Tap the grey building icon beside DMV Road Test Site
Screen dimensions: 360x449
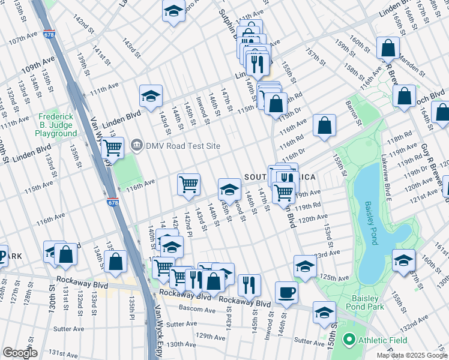coord(137,145)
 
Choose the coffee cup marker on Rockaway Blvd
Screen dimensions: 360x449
coord(286,292)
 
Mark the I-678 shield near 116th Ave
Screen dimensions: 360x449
coord(112,203)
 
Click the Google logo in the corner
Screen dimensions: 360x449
coord(20,353)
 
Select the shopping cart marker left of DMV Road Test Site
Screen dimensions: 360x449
coord(113,146)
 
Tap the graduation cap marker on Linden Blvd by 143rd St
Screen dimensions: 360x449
coord(151,95)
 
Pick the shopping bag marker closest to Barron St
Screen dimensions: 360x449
coord(324,125)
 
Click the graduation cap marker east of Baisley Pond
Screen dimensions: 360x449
coord(403,260)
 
